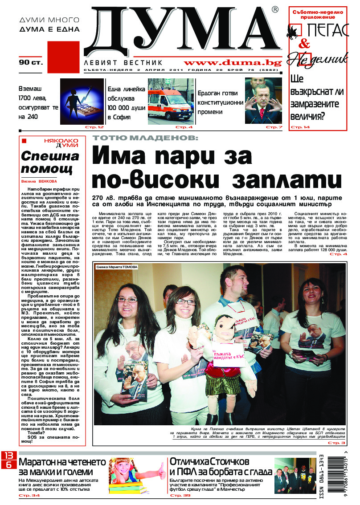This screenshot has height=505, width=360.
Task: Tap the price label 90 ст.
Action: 30,63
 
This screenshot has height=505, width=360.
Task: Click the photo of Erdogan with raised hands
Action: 263,101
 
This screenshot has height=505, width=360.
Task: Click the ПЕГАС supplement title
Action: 329,31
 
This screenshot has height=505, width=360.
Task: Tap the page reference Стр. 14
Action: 300,128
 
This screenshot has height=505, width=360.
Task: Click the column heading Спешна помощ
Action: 50,163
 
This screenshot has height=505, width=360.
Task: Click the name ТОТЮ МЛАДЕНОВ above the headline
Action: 144,138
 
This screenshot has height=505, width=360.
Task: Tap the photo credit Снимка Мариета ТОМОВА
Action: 115,267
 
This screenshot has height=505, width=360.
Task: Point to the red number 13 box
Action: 9,456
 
